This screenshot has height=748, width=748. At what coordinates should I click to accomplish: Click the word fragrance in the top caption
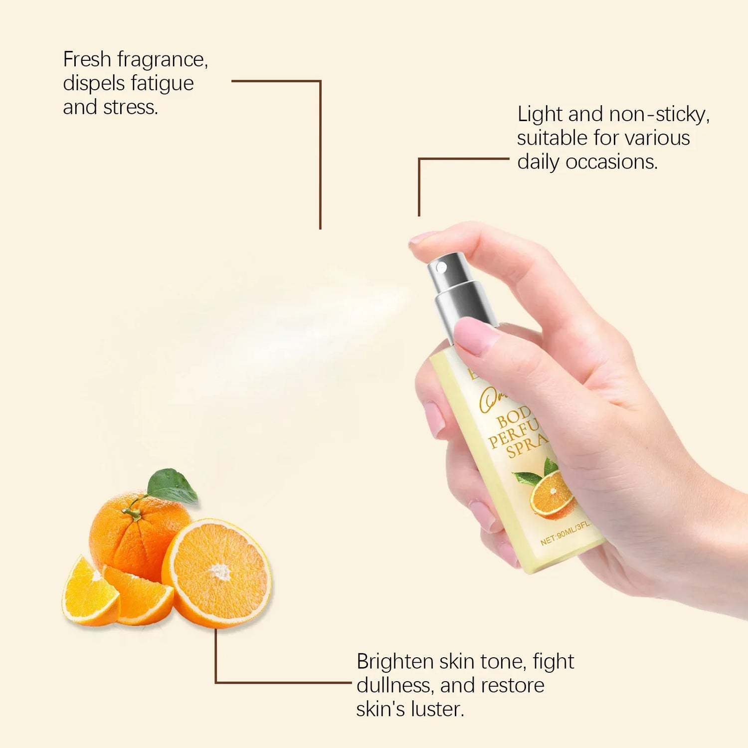162,60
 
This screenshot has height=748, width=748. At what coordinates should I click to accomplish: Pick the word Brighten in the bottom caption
395,662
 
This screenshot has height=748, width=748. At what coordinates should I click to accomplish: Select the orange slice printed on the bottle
551,494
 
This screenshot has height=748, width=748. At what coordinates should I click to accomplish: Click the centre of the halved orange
218,572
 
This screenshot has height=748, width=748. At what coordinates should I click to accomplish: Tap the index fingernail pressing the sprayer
421,238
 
